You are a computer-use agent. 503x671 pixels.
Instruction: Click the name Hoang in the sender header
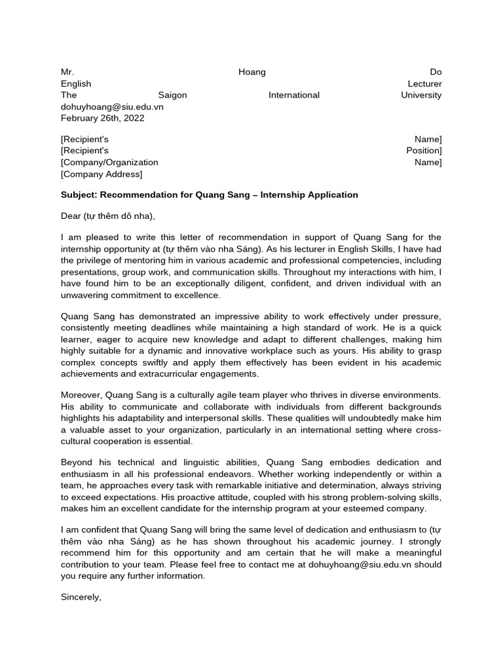[252, 71]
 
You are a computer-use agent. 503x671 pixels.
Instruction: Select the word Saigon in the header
[173, 95]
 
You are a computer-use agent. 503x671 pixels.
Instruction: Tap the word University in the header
[421, 95]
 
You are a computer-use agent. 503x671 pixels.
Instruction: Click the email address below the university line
[112, 107]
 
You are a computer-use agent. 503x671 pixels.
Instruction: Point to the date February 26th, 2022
[103, 119]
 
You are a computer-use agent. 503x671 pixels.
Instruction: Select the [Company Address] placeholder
[102, 174]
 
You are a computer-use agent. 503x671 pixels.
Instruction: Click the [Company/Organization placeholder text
[109, 163]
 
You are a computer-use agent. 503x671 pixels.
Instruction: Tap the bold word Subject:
[79, 195]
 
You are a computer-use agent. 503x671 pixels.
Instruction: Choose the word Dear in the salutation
[71, 216]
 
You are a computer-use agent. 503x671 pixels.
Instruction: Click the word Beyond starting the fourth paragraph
[77, 462]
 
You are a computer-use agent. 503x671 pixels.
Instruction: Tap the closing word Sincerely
[81, 597]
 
